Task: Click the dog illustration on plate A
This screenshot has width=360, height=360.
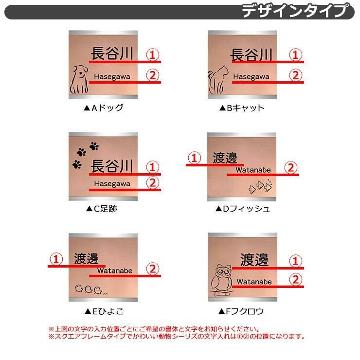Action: pyautogui.click(x=79, y=79)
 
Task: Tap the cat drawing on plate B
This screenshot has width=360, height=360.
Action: pyautogui.click(x=218, y=80)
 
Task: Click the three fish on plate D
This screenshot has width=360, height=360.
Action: pyautogui.click(x=260, y=186)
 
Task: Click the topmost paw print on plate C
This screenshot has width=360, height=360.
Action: pyautogui.click(x=94, y=146)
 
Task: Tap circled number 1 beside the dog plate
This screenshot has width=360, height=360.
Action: pyautogui.click(x=153, y=54)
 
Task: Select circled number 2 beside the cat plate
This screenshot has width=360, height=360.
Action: pyautogui.click(x=295, y=75)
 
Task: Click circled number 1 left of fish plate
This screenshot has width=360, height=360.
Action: pyautogui.click(x=195, y=158)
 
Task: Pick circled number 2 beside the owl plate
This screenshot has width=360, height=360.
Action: pyautogui.click(x=295, y=279)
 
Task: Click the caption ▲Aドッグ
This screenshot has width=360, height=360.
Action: pyautogui.click(x=104, y=108)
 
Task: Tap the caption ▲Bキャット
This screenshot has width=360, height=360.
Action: pyautogui.click(x=242, y=108)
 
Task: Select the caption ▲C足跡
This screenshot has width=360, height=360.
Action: pyautogui.click(x=102, y=209)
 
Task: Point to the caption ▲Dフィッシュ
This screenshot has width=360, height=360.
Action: pyautogui.click(x=243, y=209)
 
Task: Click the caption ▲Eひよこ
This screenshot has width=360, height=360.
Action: pyautogui.click(x=104, y=311)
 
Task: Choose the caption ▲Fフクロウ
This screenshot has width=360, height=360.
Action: pyautogui.click(x=241, y=311)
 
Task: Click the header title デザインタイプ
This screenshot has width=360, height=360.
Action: pyautogui.click(x=295, y=11)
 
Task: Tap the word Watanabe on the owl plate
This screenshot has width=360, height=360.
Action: pyautogui.click(x=254, y=282)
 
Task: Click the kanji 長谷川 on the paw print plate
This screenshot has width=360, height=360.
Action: pyautogui.click(x=112, y=166)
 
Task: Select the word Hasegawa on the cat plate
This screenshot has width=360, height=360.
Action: pyautogui.click(x=251, y=76)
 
